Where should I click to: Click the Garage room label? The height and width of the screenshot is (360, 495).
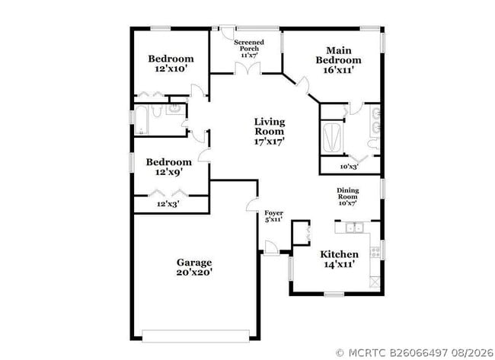point(194,267)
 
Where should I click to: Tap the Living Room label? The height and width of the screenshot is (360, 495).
point(270,131)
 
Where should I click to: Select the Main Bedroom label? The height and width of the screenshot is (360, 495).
point(338,60)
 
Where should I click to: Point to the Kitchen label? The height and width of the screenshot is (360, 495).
point(339,259)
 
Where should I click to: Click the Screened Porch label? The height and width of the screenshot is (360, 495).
point(249,48)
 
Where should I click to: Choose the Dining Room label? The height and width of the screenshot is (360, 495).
point(347,196)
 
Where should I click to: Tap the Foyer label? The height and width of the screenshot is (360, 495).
point(273,216)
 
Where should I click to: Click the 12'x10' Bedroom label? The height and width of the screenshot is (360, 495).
point(171,63)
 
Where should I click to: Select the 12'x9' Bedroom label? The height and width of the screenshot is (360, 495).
point(169,167)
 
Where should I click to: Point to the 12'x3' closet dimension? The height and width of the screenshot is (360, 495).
point(168,204)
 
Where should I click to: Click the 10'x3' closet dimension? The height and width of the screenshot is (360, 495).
point(349,166)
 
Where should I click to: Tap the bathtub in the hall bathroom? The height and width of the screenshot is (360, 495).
point(141,120)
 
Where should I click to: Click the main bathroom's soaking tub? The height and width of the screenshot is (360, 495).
point(332,138)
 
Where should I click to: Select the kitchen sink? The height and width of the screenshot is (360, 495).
point(354,228)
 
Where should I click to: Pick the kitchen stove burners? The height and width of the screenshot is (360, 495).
point(375,252)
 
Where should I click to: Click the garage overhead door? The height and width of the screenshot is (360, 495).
point(196,336)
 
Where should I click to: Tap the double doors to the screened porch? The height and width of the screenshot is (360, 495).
point(247,68)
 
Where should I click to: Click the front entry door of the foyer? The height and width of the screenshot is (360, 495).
point(271,247)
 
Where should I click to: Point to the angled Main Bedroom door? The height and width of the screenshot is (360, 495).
point(303,84)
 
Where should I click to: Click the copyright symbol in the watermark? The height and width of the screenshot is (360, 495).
point(340,352)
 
